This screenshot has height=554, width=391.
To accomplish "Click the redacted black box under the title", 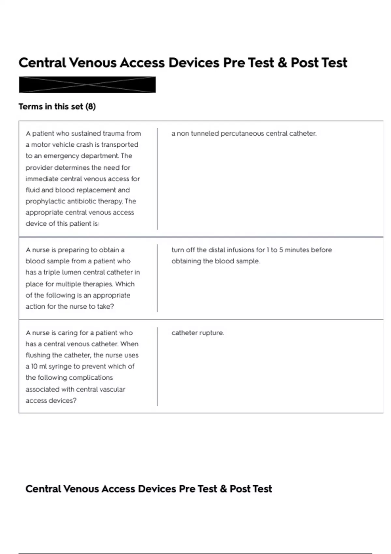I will point(87,85).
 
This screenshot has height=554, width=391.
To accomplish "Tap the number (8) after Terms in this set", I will point(90,107).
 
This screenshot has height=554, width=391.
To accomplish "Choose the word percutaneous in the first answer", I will point(242,133).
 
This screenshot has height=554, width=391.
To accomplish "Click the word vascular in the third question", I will point(113,389).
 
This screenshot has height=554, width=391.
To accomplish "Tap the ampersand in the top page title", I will point(282,63).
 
